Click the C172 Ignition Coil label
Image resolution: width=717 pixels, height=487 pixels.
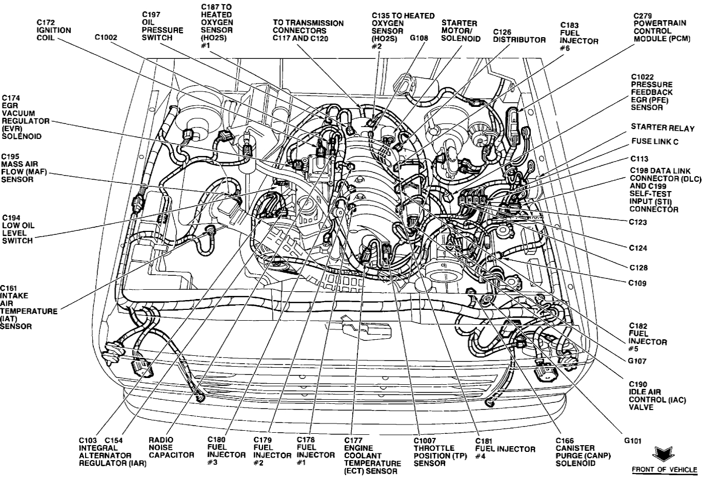(53, 30)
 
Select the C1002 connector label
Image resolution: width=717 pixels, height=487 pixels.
(106, 38)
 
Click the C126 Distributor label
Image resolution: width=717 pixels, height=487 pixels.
(519, 36)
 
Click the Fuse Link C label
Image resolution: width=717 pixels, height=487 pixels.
(655, 142)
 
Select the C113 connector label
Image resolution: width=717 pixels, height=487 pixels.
(639, 159)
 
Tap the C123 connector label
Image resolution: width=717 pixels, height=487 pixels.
(638, 223)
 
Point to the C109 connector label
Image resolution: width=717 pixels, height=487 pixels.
(637, 283)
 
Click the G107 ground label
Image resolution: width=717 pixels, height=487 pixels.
(637, 362)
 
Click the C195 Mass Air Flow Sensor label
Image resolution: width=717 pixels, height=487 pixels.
(18, 168)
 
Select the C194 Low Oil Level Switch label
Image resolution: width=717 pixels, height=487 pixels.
(18, 229)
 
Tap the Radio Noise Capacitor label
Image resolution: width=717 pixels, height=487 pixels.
(171, 448)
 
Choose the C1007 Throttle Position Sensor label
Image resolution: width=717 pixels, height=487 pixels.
(434, 452)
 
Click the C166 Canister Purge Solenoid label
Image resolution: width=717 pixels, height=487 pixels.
(575, 452)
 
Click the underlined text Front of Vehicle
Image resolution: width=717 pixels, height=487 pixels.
(664, 470)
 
